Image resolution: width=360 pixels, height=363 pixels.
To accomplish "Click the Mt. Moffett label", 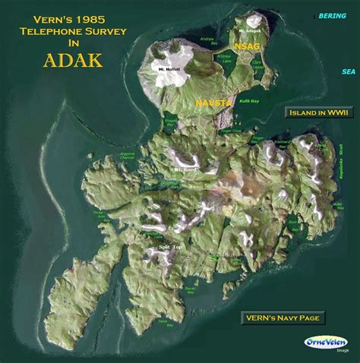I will pyautogui.click(x=169, y=70).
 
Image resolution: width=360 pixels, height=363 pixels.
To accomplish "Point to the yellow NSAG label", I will pyautogui.click(x=247, y=47).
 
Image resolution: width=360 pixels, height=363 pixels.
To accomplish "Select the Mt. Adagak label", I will pyautogui.click(x=248, y=30).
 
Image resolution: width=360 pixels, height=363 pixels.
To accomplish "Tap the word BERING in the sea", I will pyautogui.click(x=332, y=15).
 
